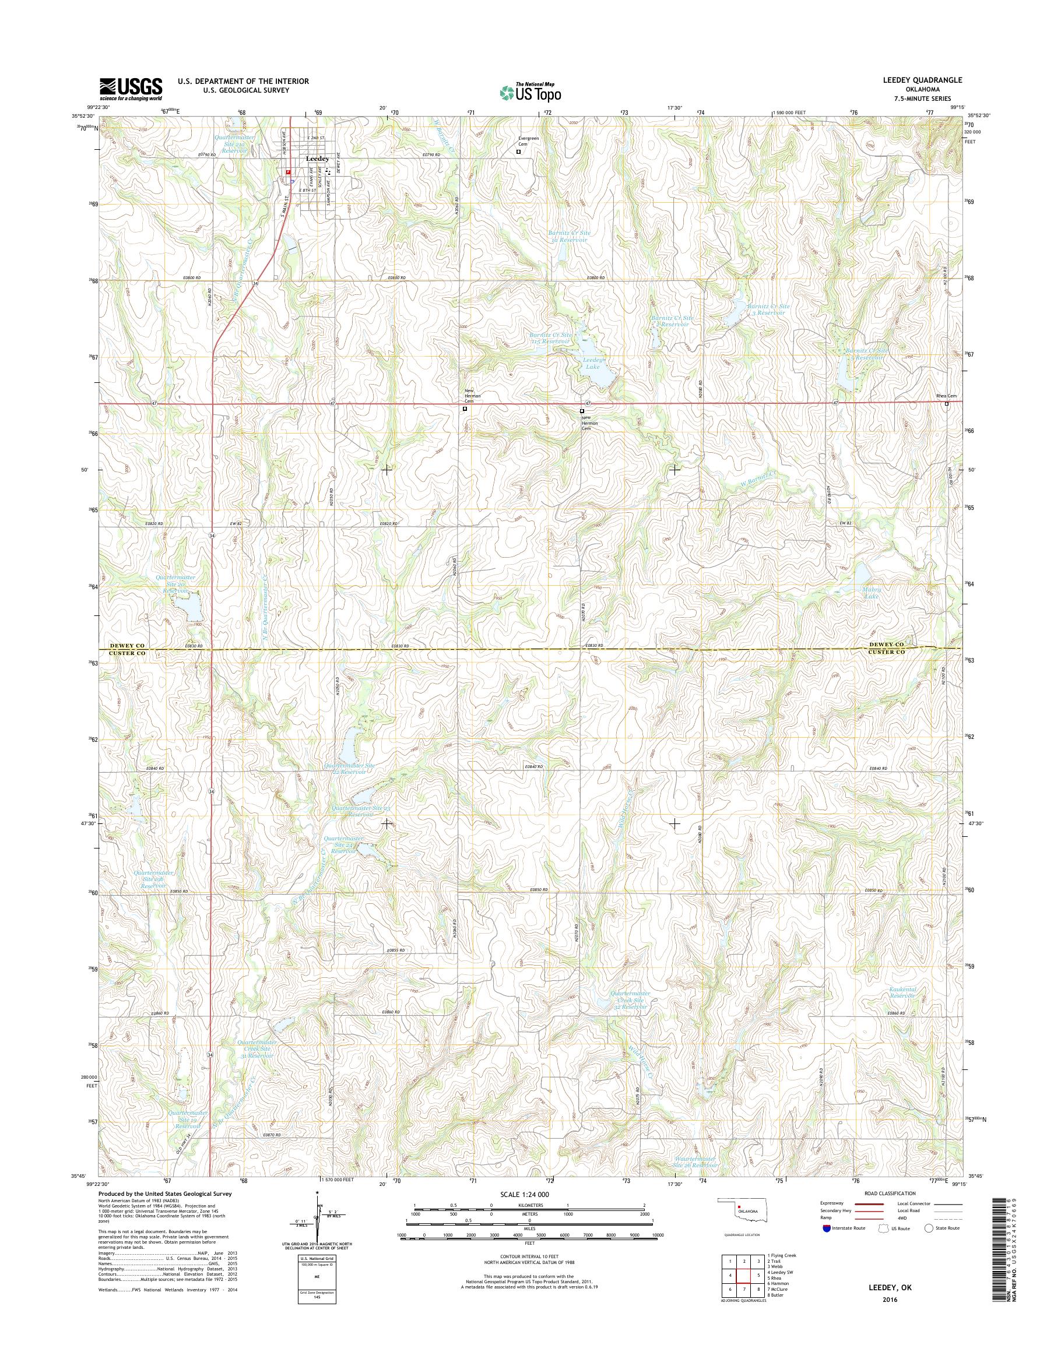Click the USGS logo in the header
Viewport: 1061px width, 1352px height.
131,89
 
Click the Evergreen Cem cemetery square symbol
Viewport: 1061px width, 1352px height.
519,151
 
